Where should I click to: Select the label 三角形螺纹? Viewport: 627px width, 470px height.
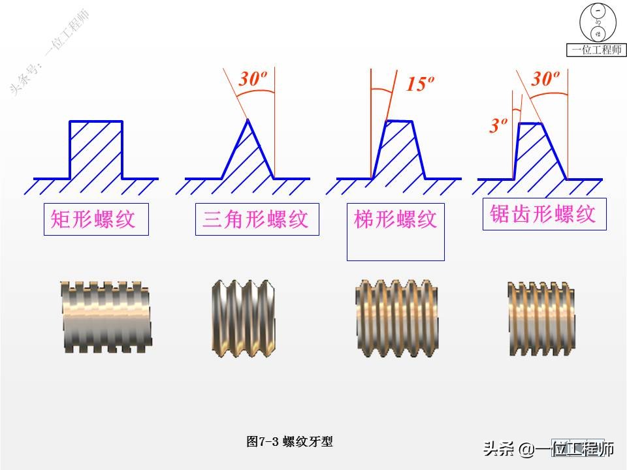[x=256, y=219]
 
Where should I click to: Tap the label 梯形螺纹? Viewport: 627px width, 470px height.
[x=395, y=219]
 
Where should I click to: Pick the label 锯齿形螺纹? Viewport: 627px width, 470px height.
[x=543, y=214]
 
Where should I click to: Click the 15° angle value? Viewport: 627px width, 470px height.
[x=420, y=84]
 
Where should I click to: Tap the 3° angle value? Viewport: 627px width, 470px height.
[x=498, y=125]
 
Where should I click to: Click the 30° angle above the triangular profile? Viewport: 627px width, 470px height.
[x=252, y=80]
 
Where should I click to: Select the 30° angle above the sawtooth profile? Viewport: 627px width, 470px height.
[x=545, y=79]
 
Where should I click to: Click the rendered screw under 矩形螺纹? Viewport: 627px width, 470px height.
[x=107, y=317]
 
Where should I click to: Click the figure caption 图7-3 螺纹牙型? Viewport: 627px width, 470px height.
[x=290, y=442]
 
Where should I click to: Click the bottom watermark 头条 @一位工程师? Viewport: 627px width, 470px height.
[x=549, y=448]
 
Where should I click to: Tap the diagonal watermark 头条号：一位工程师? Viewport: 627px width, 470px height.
[x=51, y=52]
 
